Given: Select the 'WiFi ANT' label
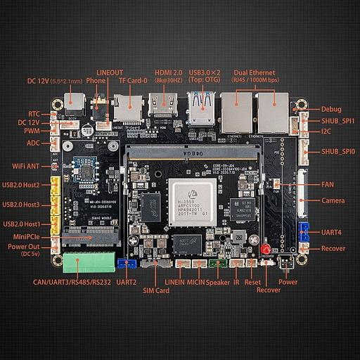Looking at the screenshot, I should point(29,166).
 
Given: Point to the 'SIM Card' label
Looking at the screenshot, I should point(156,290).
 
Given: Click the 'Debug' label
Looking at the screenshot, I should point(331,109).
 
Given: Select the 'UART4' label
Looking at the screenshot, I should point(332,231).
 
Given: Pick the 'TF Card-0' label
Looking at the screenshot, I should point(133,80).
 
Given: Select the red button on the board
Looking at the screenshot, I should point(265,250).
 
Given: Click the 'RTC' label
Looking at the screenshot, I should point(34,112).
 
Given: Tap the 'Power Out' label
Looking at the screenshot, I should point(25,247).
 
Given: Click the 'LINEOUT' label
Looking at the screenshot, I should point(110,72).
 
